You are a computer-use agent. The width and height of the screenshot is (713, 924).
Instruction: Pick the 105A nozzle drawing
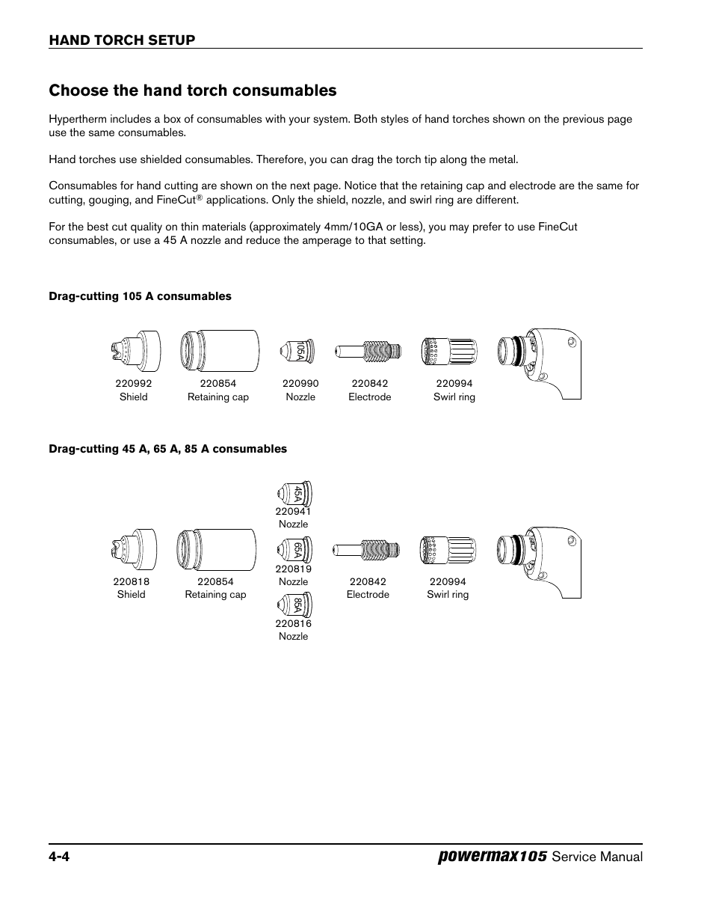tap(297, 350)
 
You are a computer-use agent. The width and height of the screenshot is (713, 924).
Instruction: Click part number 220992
tap(133, 383)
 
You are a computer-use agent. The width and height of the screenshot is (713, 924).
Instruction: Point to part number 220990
tap(300, 383)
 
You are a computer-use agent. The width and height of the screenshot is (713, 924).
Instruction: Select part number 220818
tap(131, 581)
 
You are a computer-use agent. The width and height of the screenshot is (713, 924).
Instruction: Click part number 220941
tap(293, 512)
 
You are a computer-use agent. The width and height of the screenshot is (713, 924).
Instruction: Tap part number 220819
tap(293, 569)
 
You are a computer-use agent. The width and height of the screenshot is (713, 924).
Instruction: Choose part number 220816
tap(293, 623)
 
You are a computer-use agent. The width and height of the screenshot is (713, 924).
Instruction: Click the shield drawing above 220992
tap(135, 351)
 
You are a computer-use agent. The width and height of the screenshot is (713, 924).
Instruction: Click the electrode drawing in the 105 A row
tap(370, 350)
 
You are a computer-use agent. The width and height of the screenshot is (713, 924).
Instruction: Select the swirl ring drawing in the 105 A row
tap(448, 350)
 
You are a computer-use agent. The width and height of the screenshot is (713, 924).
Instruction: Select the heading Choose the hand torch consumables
tap(193, 91)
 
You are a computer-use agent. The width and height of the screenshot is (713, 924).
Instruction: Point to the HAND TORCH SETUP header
tap(122, 40)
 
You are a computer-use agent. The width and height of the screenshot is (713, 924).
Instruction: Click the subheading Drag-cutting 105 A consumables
tap(140, 296)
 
